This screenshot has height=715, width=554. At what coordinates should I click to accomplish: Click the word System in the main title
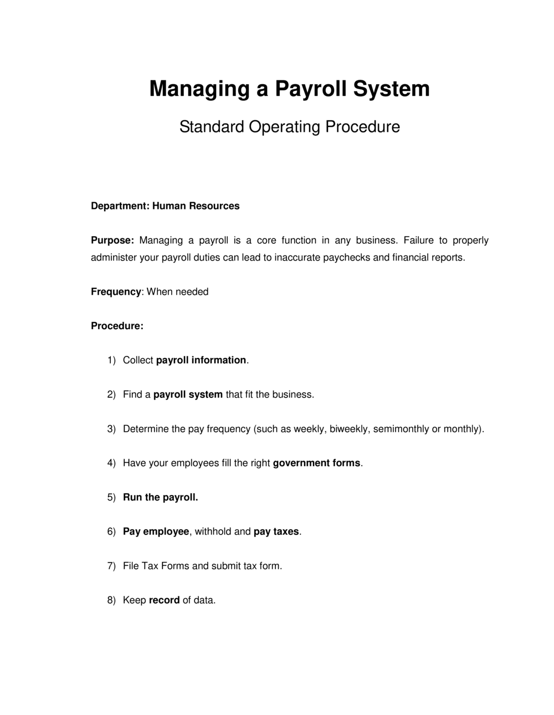coord(393,89)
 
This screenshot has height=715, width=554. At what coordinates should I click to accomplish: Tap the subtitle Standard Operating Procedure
coord(289,127)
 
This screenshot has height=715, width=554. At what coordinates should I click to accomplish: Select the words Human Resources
coord(196,206)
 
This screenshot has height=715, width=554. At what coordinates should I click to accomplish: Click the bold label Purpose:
coord(112,241)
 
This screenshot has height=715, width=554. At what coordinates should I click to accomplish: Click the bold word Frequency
coord(116,292)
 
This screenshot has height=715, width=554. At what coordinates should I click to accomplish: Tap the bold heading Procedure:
coord(117,326)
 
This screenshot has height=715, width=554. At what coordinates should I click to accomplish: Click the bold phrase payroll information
coord(201,360)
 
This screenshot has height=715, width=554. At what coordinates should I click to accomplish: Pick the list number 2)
coord(111,395)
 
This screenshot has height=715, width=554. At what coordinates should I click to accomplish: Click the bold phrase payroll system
coord(188,395)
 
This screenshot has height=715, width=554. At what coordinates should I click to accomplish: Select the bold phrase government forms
coord(316,463)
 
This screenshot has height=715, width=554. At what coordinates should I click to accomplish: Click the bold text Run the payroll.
coord(160,497)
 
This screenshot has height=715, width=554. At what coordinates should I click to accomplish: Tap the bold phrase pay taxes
coord(276,532)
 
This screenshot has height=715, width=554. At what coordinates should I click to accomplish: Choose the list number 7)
coord(111,566)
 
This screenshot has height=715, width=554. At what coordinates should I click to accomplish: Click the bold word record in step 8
coord(164,600)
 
